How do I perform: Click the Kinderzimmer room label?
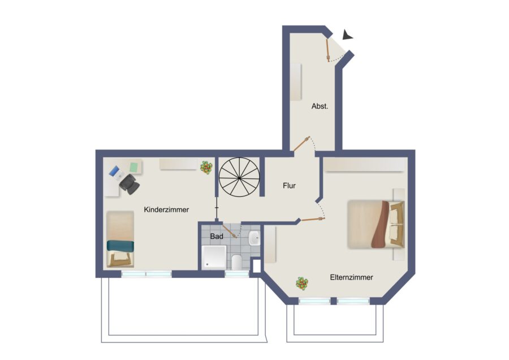point(166,209)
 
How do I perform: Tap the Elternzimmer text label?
point(351,277)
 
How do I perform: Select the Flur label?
point(289,186)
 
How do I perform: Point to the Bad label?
point(217,236)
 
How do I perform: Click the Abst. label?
point(320,106)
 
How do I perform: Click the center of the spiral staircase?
point(239,177)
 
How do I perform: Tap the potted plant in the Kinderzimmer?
point(206,168)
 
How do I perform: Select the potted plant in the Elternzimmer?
point(302,284)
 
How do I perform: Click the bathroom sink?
point(254,238)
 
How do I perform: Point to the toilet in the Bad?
point(237,262)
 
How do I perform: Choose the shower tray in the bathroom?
point(214,258)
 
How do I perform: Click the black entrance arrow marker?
point(347,35)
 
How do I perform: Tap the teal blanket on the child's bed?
point(120,246)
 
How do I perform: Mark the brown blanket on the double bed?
point(381,225)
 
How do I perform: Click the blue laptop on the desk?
point(114,171)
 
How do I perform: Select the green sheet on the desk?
point(134,167)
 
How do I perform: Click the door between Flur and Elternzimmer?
point(313,219)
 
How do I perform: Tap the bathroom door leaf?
point(230,231)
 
